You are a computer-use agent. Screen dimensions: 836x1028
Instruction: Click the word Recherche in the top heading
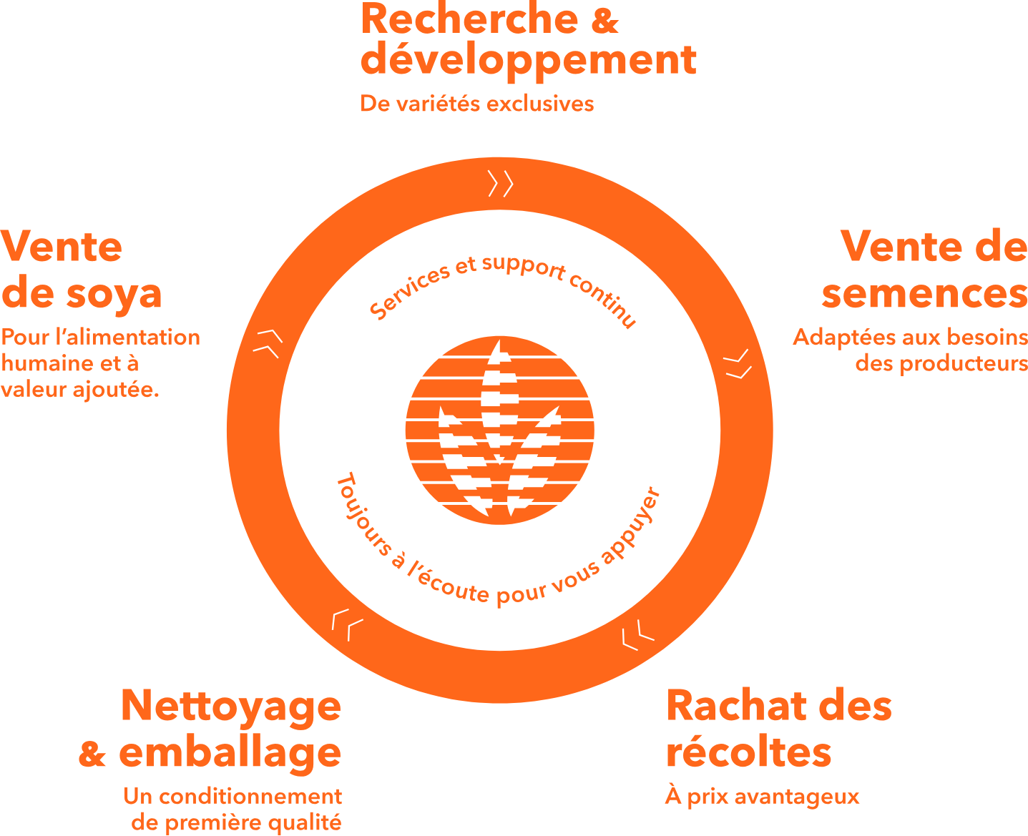tap(470, 19)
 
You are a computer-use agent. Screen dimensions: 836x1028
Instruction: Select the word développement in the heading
tap(528, 60)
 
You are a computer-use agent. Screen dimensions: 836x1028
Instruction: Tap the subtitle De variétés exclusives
tap(477, 104)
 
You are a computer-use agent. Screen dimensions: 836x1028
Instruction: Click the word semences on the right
tap(924, 294)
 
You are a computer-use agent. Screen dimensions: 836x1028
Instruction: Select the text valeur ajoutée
tap(80, 390)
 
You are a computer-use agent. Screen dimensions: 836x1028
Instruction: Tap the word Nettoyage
tap(231, 707)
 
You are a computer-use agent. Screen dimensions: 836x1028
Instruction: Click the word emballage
tap(230, 753)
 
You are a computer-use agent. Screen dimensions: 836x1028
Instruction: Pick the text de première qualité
tap(237, 822)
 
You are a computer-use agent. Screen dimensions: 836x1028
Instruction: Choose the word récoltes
tap(749, 753)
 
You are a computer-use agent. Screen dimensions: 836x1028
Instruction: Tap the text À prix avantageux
tap(762, 797)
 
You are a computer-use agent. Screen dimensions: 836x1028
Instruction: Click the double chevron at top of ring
tap(501, 184)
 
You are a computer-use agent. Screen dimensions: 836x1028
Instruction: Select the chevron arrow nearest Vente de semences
tap(738, 364)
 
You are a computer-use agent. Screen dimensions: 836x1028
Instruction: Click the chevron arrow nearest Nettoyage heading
tap(347, 624)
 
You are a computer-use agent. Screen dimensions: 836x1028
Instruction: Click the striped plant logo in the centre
tap(499, 429)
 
